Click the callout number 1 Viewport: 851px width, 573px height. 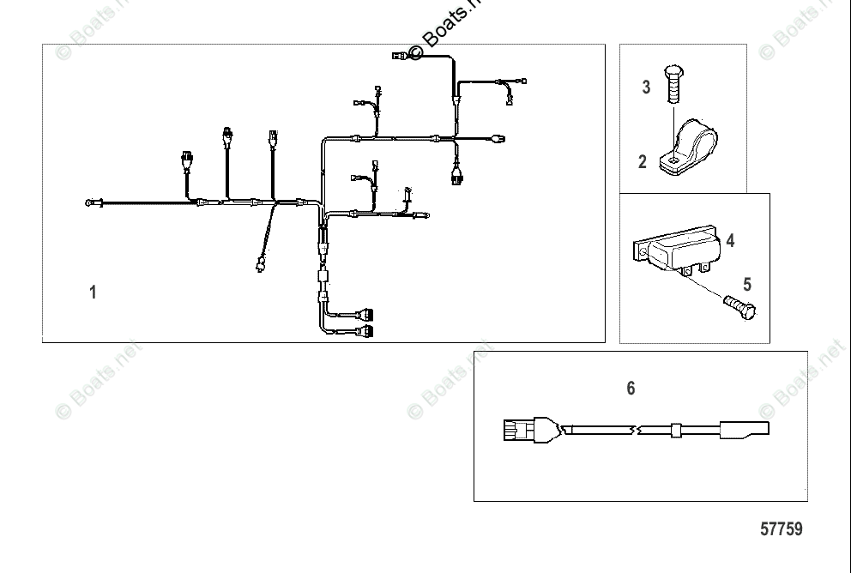coord(93,293)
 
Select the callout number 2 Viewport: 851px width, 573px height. coord(643,161)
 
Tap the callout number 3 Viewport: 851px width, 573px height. coord(646,87)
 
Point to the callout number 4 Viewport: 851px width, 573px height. coord(730,241)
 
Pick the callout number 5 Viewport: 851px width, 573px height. coord(746,284)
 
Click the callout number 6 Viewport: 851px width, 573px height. coord(631,389)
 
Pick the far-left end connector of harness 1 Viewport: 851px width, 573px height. coord(92,203)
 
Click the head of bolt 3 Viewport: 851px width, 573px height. coord(672,74)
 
